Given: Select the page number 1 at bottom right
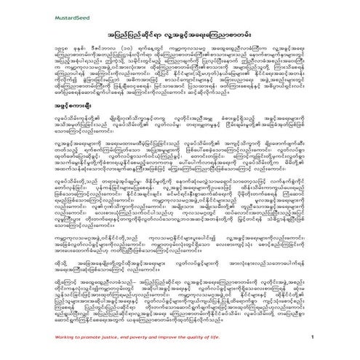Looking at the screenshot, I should point(331,337).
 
